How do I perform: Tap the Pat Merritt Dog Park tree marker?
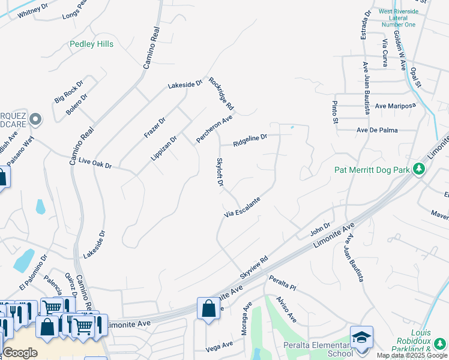[419, 170]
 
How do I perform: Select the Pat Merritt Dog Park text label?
[372, 170]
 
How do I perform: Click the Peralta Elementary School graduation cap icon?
[361, 337]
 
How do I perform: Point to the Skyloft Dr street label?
[220, 172]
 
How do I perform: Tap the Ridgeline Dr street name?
[250, 140]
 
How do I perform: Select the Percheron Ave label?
[214, 130]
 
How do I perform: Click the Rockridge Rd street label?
[221, 94]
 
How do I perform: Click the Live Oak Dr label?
[95, 163]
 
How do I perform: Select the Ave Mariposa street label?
[395, 106]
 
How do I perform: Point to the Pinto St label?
[335, 113]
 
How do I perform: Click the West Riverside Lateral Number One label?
[398, 18]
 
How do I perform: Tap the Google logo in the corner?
[20, 352]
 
